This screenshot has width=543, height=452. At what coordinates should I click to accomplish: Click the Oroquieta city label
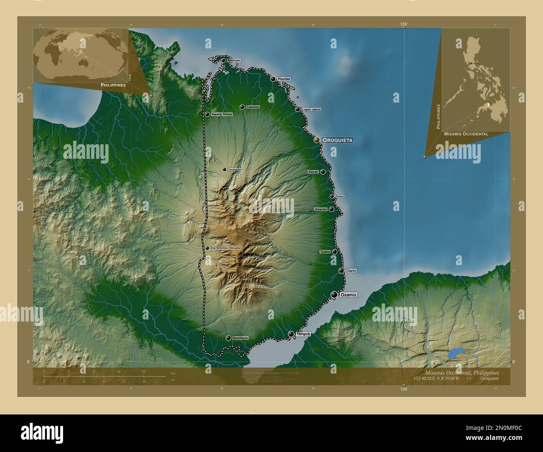coord(337,141)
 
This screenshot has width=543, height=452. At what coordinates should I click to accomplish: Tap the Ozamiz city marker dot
coord(334,295)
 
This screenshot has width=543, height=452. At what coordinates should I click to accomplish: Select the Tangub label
coord(303,334)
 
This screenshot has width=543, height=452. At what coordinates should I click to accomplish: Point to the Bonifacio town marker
coord(228,338)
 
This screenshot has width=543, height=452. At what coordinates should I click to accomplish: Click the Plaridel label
coord(284,79)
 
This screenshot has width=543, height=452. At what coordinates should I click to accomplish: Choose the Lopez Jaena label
coord(311,110)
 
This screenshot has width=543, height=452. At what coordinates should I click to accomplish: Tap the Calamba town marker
coord(242,107)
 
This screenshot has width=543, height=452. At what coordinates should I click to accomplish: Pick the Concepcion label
coord(235,170)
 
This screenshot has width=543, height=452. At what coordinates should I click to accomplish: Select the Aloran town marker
coord(323,171)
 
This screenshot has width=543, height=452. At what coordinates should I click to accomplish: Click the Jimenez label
coord(321,209)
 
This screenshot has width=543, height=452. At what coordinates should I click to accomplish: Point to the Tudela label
coord(325,252)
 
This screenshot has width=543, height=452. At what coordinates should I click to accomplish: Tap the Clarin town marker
coord(341,271)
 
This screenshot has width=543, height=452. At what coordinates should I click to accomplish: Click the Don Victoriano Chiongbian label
coord(226,248)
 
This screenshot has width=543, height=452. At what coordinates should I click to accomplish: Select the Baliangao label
coord(233,60)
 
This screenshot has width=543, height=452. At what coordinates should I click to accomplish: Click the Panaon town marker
coord(332,196)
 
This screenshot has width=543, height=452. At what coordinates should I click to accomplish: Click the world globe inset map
coord(79,54)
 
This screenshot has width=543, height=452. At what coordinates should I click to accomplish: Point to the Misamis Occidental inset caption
coord(466,134)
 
